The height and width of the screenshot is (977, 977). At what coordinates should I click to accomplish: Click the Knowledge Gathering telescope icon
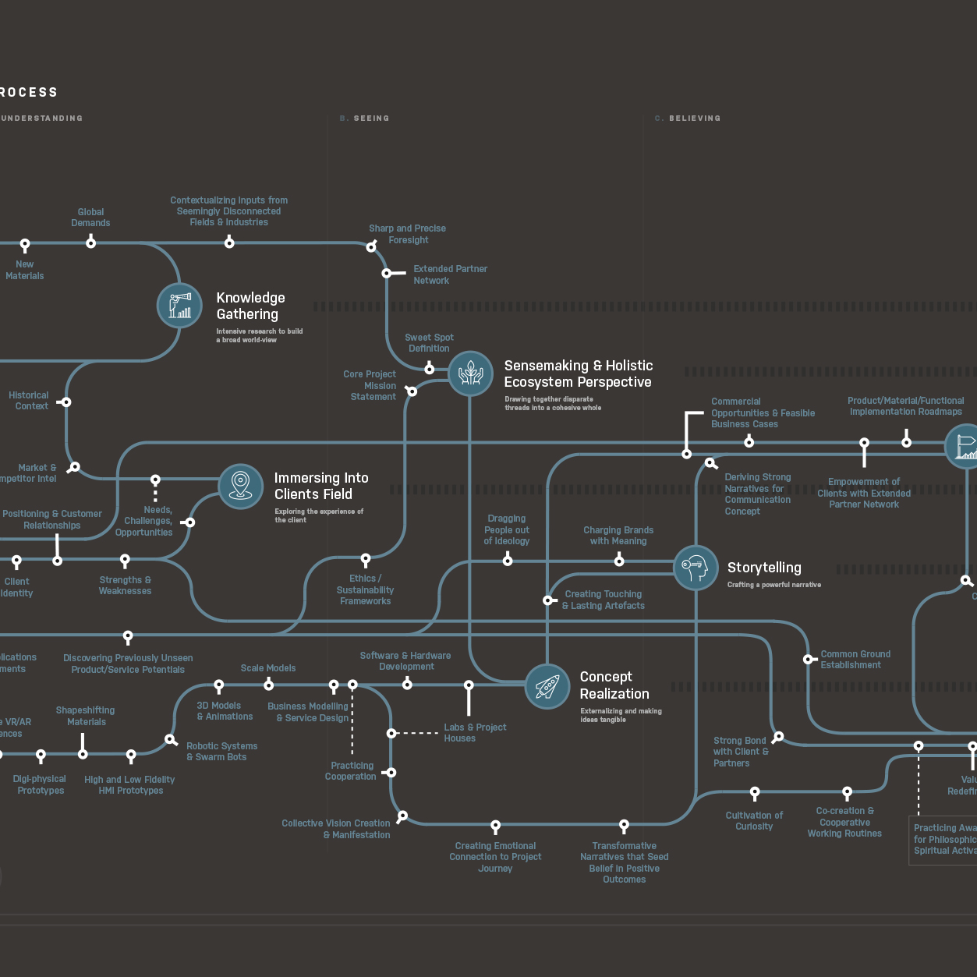click(x=179, y=305)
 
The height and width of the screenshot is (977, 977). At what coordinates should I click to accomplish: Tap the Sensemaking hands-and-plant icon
click(x=470, y=373)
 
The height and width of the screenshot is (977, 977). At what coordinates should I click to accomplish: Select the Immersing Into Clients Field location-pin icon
click(x=241, y=486)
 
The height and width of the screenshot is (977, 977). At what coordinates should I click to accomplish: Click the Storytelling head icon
click(x=696, y=568)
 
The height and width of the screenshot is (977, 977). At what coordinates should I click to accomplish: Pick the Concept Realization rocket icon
click(x=547, y=686)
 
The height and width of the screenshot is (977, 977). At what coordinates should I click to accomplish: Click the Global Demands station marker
click(x=91, y=242)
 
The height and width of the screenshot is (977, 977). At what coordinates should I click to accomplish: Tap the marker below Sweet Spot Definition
click(x=429, y=368)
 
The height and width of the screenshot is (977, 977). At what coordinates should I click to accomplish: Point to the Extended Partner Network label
click(x=450, y=274)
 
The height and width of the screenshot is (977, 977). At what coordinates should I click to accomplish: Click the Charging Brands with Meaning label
click(x=618, y=536)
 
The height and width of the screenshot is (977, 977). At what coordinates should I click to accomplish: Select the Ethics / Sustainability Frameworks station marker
click(x=366, y=559)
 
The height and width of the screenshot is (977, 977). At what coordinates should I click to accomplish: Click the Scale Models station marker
click(x=268, y=685)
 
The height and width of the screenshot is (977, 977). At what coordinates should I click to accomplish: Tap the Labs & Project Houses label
click(x=475, y=733)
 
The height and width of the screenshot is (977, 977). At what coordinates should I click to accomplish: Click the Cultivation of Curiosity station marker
click(x=755, y=793)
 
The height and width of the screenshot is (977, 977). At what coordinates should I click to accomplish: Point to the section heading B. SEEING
click(x=365, y=119)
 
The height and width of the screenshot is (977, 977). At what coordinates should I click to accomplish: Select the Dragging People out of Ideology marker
click(x=508, y=560)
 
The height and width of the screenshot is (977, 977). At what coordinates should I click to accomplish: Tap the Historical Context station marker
click(x=66, y=402)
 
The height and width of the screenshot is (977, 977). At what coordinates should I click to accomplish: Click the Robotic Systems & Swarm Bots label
click(x=221, y=752)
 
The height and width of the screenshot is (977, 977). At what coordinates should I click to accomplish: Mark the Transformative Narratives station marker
click(x=624, y=824)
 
